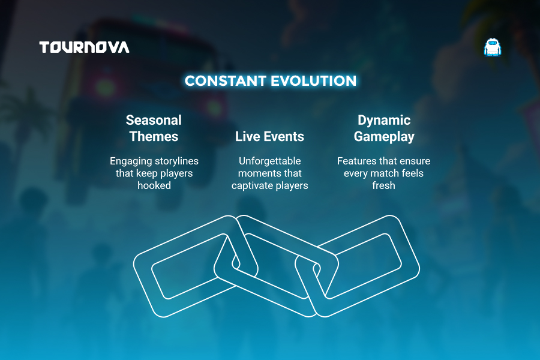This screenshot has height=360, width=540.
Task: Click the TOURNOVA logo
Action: [84, 47]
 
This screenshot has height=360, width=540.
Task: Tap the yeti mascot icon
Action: [493, 47]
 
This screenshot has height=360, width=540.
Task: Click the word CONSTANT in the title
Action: [225, 81]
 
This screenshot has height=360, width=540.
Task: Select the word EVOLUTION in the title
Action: [313, 81]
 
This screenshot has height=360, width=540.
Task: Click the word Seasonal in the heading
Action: [154, 120]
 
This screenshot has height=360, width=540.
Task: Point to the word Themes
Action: [154, 136]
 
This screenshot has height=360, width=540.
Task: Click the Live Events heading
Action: [269, 136]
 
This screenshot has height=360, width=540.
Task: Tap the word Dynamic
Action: [384, 120]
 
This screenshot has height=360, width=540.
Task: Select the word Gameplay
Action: [384, 137]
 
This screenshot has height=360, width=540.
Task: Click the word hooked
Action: [154, 185]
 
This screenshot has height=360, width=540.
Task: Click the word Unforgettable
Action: [269, 161]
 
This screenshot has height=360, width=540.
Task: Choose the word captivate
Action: [251, 185]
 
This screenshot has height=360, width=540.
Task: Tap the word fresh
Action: [383, 185]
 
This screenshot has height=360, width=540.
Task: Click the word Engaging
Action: [131, 161]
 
